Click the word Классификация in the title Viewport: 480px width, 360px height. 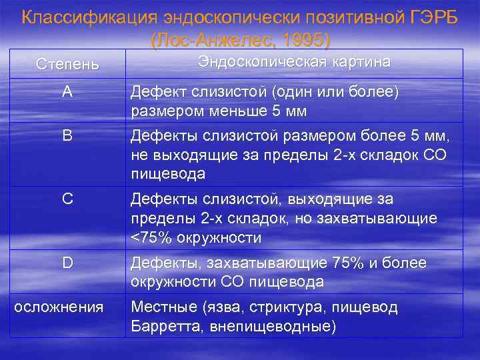pos(79,17)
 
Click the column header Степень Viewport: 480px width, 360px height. pos(67,65)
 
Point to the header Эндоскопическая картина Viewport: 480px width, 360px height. pos(294,62)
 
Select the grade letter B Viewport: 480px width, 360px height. pos(67,136)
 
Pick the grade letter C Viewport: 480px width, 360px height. pos(67,199)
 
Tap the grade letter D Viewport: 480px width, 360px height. pos(67,263)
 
